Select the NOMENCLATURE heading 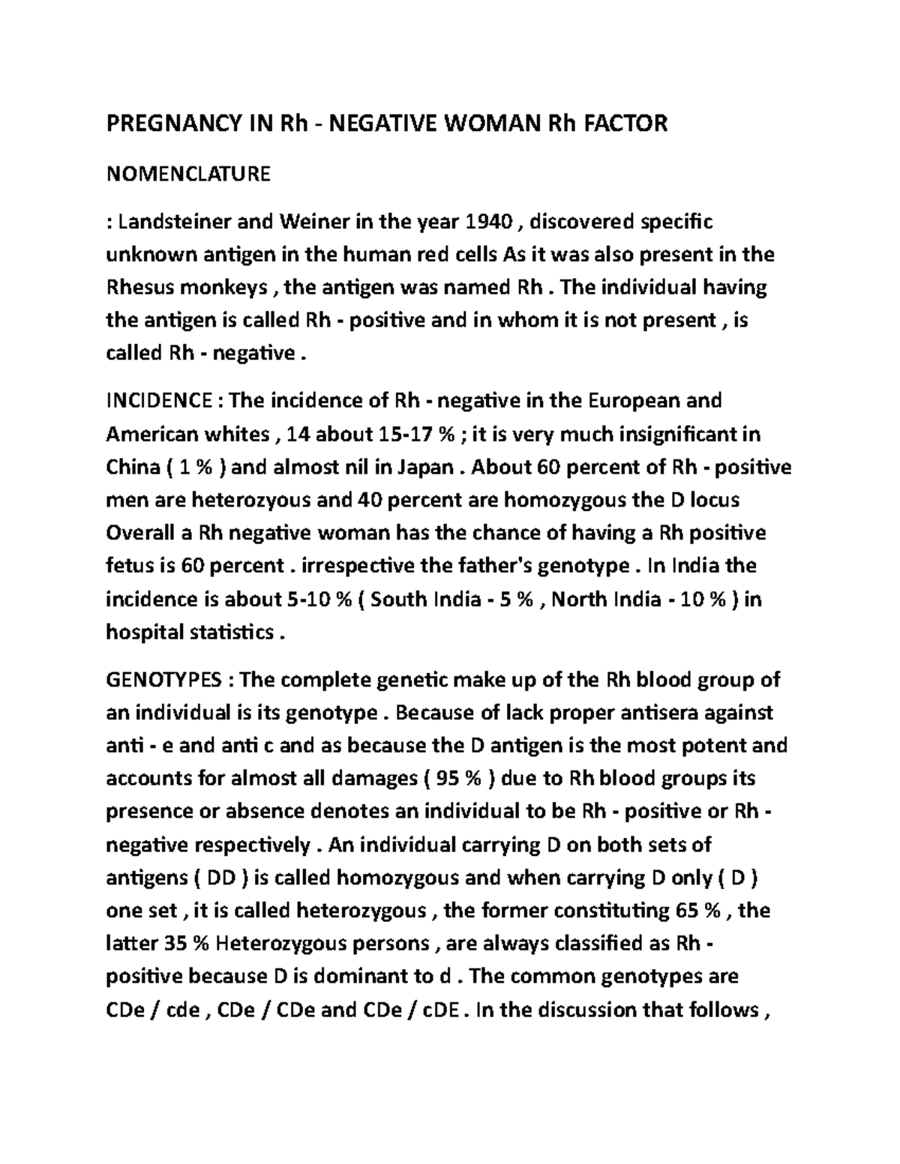coord(188,175)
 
